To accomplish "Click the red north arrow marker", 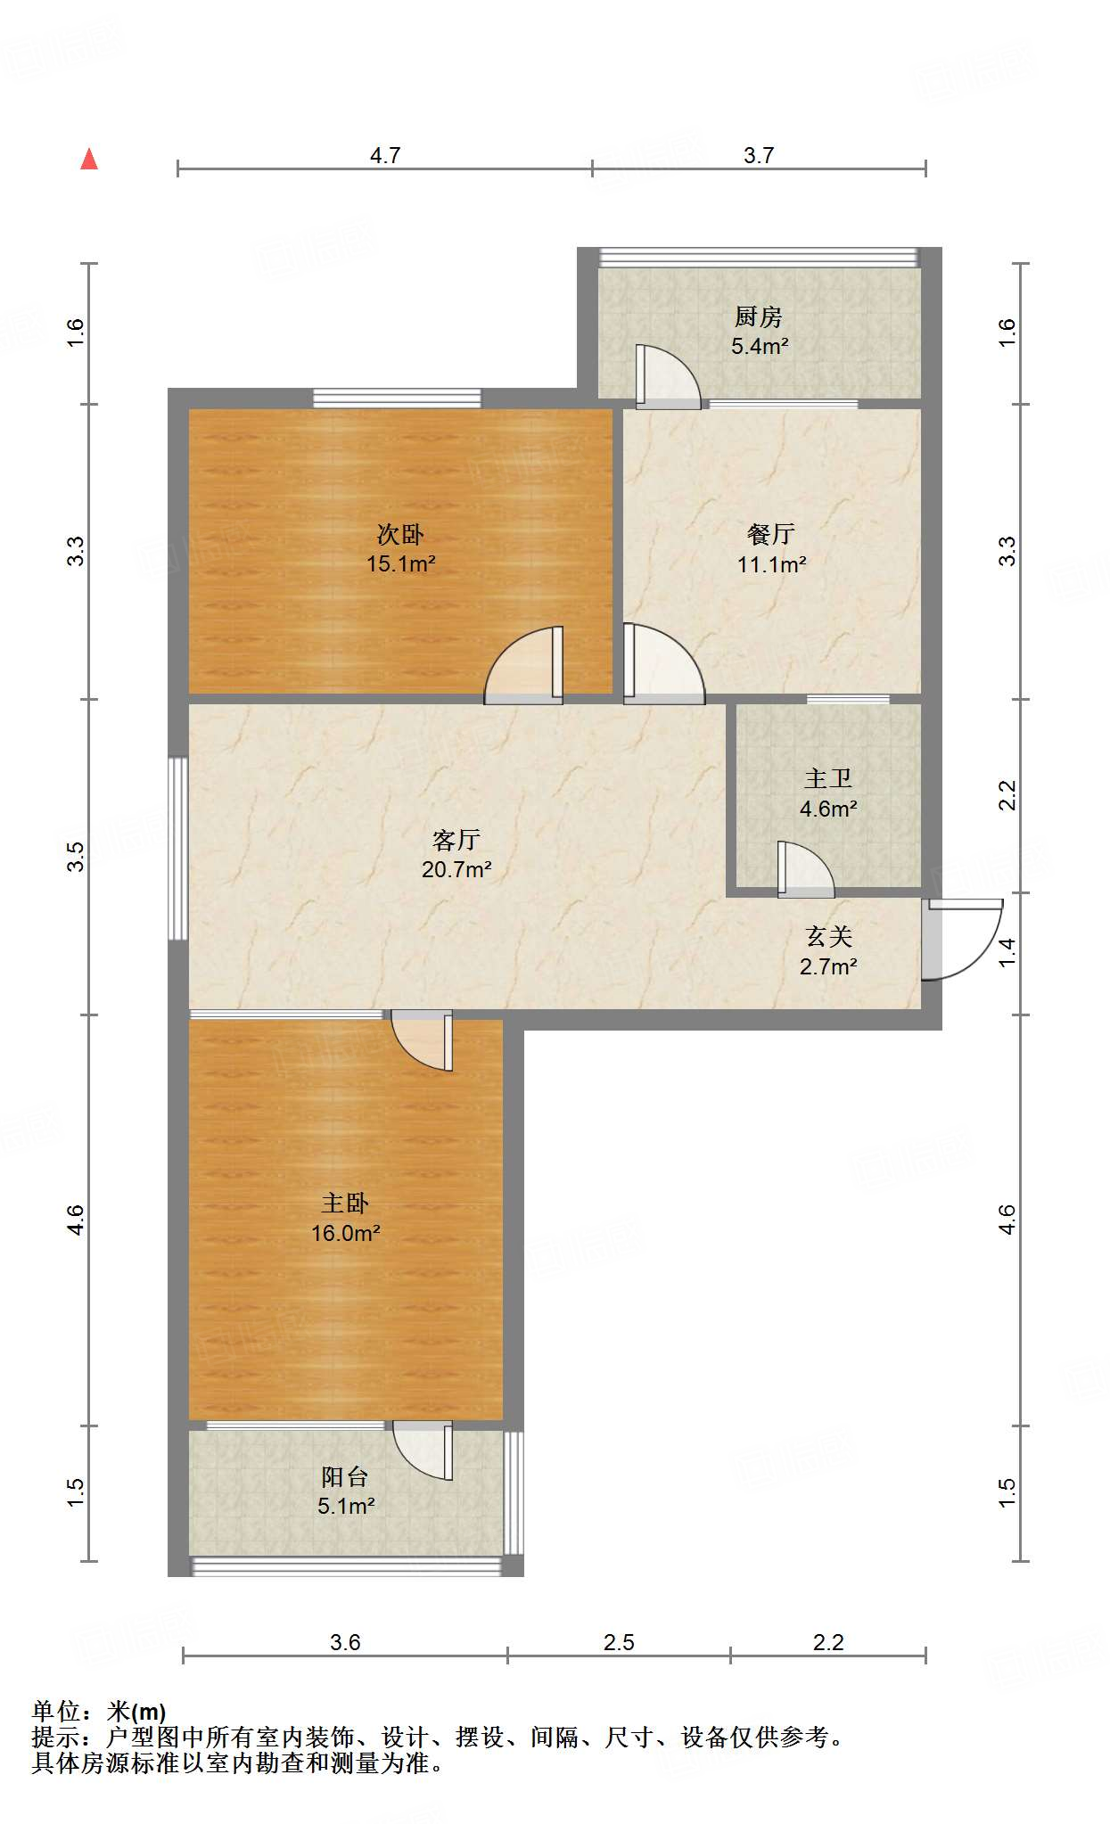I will click(89, 160).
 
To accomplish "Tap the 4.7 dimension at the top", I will click(385, 156).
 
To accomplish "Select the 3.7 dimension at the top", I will click(759, 156).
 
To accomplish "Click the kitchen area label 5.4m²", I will click(760, 347).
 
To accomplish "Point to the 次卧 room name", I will click(400, 534).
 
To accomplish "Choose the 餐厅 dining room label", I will click(771, 534).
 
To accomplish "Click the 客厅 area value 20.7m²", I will click(456, 869).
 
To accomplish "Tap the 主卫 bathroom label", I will click(828, 778).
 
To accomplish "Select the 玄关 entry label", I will click(829, 936).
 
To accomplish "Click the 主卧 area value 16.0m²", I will click(346, 1233).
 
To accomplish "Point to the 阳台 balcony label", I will click(345, 1477).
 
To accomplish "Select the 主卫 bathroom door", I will click(804, 869).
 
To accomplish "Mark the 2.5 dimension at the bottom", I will click(619, 1642).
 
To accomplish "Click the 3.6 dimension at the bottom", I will click(345, 1642).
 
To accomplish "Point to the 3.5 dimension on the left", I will click(77, 856).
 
